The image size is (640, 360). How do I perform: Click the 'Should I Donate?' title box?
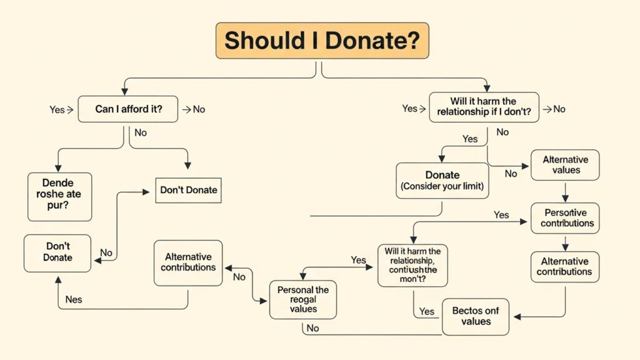pos(322,41)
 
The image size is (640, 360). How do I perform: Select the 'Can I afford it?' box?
pos(127,109)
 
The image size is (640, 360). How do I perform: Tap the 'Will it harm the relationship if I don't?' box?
pos(483,107)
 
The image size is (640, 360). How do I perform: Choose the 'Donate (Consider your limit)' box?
pos(442,181)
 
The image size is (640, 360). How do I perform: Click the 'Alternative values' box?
pos(565,164)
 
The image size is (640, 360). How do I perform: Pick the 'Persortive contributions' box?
pos(565,218)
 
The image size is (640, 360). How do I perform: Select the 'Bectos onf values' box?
pos(476,316)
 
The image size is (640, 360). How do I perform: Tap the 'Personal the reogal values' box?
pos(303,299)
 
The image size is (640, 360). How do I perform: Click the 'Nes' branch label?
pos(73,299)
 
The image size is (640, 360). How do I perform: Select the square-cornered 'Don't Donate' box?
pos(189,190)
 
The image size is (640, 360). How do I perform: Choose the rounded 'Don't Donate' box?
pos(57,252)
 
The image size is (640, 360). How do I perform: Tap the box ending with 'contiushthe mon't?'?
pos(412,265)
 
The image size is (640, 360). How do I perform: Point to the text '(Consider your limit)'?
pos(442,187)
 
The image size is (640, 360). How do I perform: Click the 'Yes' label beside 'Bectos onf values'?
pos(427,311)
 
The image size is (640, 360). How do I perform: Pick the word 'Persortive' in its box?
pos(565,212)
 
